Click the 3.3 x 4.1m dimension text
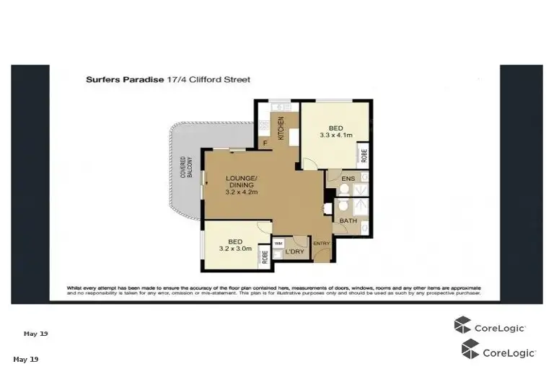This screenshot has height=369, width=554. (x=336, y=135)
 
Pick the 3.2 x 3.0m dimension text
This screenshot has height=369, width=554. (x=236, y=249)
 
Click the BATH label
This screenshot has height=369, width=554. (x=348, y=221)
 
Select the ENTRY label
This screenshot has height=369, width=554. (x=321, y=244)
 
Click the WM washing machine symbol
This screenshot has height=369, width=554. (x=278, y=244)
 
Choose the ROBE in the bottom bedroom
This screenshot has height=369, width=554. (x=265, y=257)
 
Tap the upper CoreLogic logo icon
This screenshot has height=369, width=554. (x=462, y=326)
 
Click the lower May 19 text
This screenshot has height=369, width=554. (x=25, y=359)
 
